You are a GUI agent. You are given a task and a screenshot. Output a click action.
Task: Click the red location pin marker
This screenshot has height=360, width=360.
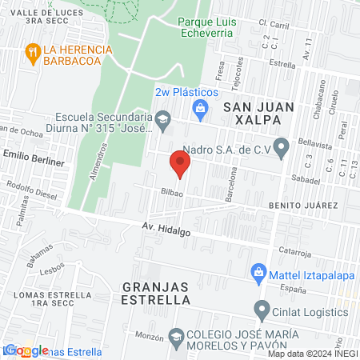[180, 165]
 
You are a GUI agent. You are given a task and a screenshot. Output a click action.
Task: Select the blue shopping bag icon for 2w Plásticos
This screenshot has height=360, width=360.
[201, 107]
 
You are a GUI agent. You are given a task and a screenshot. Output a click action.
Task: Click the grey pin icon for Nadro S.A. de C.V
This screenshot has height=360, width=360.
[281, 147]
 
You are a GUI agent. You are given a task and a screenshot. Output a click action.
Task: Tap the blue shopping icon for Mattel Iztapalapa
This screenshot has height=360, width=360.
[258, 273]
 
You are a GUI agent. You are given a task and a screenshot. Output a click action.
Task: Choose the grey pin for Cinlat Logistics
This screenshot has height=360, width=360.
[262, 310]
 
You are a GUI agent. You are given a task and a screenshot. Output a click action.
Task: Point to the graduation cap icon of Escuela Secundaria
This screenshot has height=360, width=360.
[163, 121]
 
